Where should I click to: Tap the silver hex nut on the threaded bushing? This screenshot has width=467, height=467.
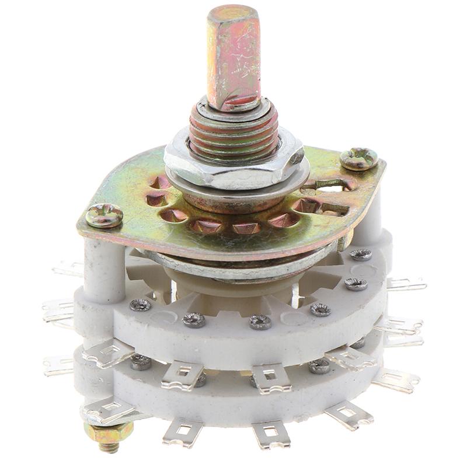point(233,166)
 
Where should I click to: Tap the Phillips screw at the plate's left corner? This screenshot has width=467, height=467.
point(104,215)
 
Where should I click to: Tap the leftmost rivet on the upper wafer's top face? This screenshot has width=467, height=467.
point(140,305)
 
